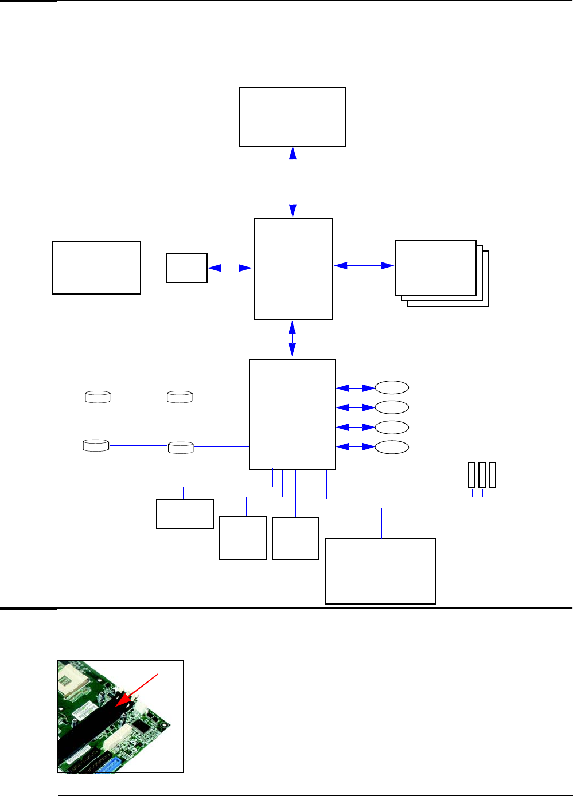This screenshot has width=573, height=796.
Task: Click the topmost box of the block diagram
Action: pyautogui.click(x=293, y=116)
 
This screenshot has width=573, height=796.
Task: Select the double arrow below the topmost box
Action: pyautogui.click(x=293, y=182)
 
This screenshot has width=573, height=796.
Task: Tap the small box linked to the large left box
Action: pyautogui.click(x=186, y=268)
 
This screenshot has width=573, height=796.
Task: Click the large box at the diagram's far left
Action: pyautogui.click(x=96, y=268)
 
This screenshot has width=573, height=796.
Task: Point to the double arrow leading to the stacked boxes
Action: pyautogui.click(x=364, y=265)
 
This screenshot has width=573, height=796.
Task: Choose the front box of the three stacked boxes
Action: pyautogui.click(x=435, y=268)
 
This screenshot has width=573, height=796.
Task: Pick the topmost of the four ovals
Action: pyautogui.click(x=392, y=388)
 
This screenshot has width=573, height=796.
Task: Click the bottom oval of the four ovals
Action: pyautogui.click(x=392, y=447)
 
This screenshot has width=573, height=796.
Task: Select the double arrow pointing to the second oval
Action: pyautogui.click(x=355, y=407)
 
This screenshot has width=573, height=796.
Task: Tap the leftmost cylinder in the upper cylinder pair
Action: pyautogui.click(x=98, y=397)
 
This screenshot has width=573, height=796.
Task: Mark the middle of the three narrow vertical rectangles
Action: pyautogui.click(x=482, y=475)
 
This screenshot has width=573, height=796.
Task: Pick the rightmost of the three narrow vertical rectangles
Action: pyautogui.click(x=492, y=475)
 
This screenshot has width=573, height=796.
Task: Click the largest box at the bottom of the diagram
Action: pyautogui.click(x=380, y=571)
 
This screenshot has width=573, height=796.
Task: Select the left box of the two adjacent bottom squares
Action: pyautogui.click(x=243, y=538)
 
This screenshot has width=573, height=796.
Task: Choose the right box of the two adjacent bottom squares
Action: pyautogui.click(x=295, y=538)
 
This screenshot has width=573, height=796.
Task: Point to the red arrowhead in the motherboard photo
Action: pyautogui.click(x=122, y=701)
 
